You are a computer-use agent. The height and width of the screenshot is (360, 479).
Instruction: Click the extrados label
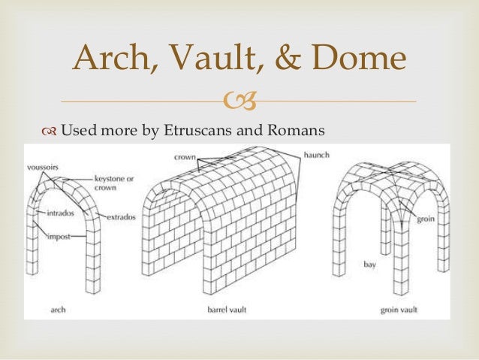[x=120, y=217]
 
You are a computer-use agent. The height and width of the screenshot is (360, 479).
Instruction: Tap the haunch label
[x=316, y=154]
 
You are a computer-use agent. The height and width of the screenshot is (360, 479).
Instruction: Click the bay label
[x=369, y=265]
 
